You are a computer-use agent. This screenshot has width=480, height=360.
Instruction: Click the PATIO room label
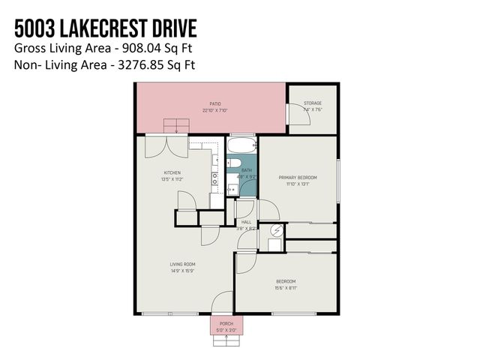point(214,104)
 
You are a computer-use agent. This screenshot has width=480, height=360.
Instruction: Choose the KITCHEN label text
point(173,172)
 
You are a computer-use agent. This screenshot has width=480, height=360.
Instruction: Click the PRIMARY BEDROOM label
point(298,177)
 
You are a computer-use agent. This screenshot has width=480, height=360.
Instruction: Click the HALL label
point(246,222)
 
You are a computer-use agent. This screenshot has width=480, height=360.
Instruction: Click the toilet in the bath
point(233,164)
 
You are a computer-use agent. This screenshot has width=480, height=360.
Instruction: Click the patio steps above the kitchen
point(176,124)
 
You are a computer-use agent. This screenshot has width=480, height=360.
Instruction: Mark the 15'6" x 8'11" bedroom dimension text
point(285,287)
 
